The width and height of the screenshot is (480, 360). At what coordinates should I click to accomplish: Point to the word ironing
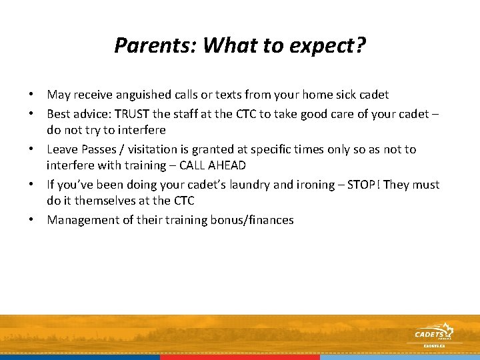[x=287, y=184]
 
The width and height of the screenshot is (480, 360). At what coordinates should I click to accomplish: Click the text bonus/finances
[x=254, y=219]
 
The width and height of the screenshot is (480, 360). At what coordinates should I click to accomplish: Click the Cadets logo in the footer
[x=433, y=333]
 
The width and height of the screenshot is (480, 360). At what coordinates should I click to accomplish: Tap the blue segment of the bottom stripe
[x=80, y=357]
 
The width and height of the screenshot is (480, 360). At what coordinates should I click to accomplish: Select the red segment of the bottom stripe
[x=240, y=357]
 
